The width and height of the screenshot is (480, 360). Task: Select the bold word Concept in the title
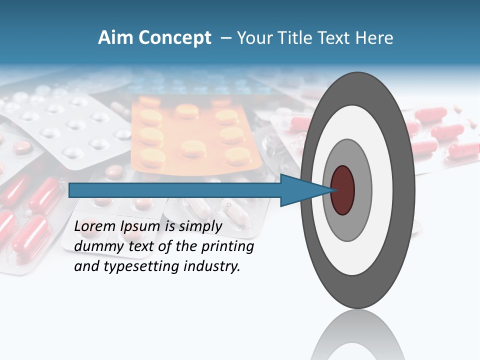coord(175,38)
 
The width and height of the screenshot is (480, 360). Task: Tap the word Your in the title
coord(252,38)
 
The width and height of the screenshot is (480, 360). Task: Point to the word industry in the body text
coord(212,266)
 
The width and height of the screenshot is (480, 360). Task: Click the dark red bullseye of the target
coord(343,190)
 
